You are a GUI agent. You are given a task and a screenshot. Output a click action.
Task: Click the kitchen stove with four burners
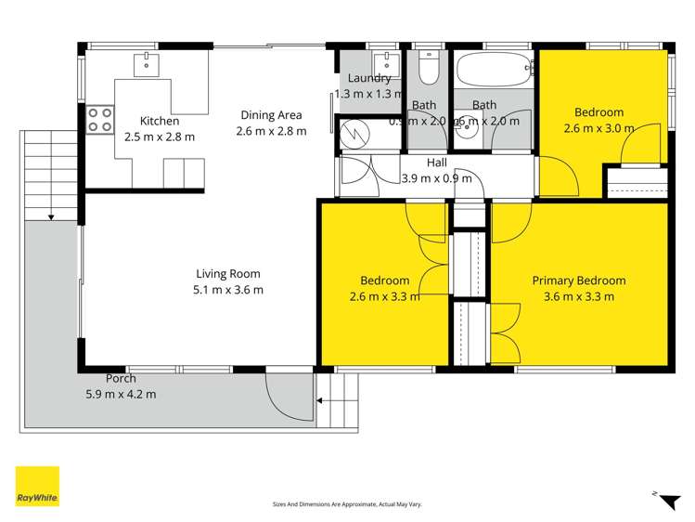[99, 119]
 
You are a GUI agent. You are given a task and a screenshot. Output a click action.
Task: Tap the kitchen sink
[148, 64]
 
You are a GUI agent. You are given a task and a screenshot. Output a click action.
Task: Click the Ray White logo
[37, 486]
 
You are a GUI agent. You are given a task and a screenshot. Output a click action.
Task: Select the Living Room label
[227, 274]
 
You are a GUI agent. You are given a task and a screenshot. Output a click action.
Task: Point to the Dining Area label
[271, 115]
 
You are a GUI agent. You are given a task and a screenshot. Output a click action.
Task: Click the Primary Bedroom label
[578, 281]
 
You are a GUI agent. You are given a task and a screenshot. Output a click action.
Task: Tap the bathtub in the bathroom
[493, 68]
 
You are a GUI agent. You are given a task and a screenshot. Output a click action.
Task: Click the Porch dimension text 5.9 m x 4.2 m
[120, 394]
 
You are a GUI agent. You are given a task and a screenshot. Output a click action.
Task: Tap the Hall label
[436, 163]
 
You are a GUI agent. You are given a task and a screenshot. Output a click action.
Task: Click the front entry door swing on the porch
[289, 398]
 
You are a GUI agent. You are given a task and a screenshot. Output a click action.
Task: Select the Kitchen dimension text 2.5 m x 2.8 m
[160, 137]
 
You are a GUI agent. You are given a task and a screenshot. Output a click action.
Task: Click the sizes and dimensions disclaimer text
[347, 503]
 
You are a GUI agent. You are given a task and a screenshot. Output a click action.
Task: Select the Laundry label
[369, 78]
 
